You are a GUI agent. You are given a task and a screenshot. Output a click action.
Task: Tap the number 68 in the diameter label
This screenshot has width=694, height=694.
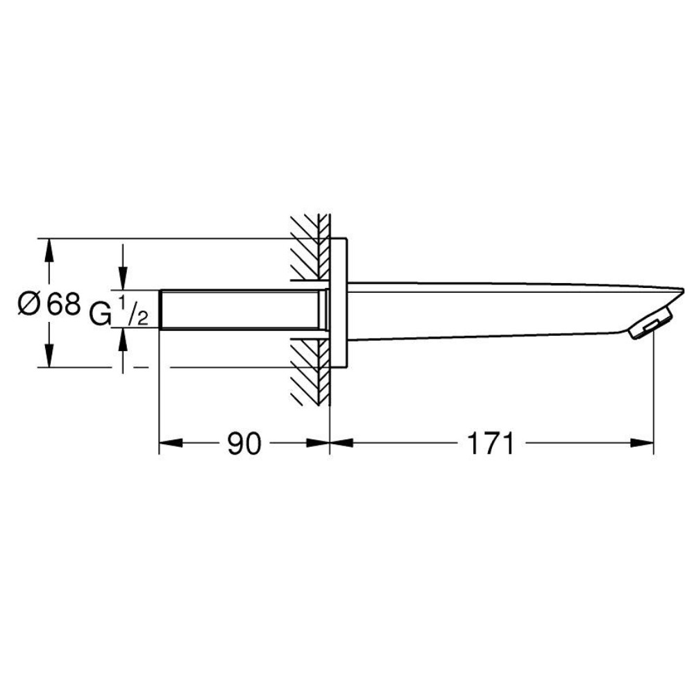(64, 304)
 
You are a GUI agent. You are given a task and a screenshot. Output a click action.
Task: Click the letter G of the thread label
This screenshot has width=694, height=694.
(100, 314)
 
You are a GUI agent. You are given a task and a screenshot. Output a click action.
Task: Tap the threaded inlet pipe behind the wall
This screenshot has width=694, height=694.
(242, 310)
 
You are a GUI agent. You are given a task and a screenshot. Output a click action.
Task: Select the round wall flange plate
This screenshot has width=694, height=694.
(339, 303)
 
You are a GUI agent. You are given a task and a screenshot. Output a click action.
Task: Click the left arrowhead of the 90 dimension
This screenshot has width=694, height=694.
(171, 443)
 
